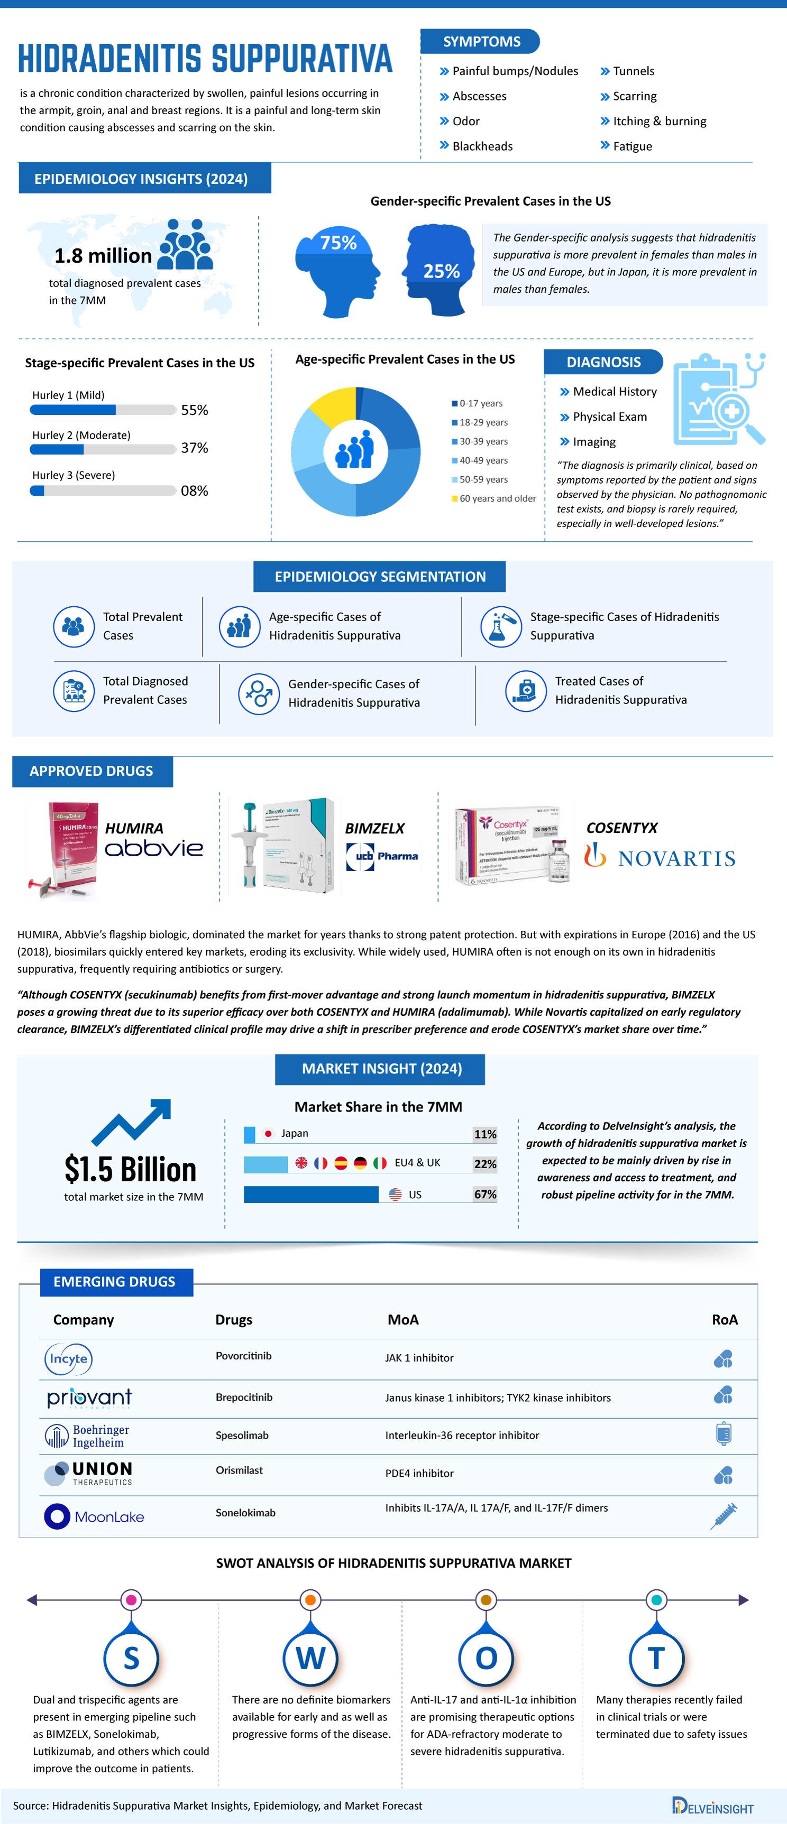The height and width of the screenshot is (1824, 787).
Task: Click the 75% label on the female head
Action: pyautogui.click(x=338, y=243)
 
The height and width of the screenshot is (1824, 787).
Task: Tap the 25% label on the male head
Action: pyautogui.click(x=441, y=271)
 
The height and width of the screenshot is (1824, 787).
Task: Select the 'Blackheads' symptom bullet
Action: pyautogui.click(x=482, y=146)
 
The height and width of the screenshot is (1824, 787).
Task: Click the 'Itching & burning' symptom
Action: pyautogui.click(x=659, y=121)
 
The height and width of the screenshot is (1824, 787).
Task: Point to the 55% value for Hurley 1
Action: pyautogui.click(x=194, y=410)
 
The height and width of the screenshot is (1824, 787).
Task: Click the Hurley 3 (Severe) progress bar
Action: pyautogui.click(x=103, y=490)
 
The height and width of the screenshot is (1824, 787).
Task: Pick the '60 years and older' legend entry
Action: pyautogui.click(x=497, y=498)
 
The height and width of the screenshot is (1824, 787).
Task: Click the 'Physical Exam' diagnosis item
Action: pyautogui.click(x=609, y=416)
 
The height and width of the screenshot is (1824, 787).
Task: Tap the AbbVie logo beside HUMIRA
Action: pyautogui.click(x=154, y=848)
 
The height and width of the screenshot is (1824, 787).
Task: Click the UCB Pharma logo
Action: pyautogui.click(x=382, y=856)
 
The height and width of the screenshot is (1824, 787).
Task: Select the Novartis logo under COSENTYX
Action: pyautogui.click(x=660, y=857)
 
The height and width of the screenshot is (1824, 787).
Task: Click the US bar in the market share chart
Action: pyautogui.click(x=311, y=1195)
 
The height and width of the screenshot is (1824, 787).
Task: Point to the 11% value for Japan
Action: pyautogui.click(x=484, y=1134)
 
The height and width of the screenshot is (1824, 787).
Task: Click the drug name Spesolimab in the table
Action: pyautogui.click(x=242, y=1436)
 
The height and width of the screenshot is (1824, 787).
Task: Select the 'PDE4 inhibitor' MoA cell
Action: pyautogui.click(x=419, y=1473)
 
